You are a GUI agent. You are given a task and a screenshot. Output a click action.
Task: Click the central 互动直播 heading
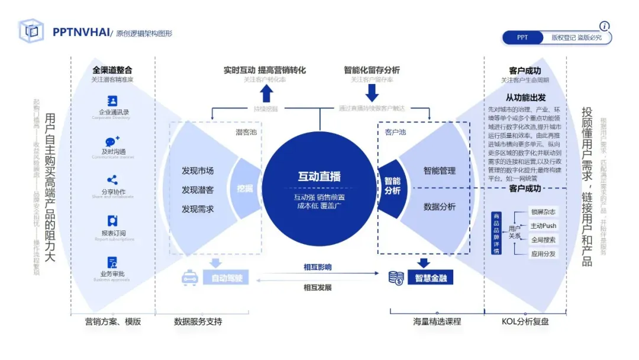click(319, 176)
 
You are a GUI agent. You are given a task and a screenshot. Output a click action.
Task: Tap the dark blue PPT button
click(522, 37)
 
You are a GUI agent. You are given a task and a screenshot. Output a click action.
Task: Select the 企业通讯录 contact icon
click(112, 101)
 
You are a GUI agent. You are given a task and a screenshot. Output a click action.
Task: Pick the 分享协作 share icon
click(112, 180)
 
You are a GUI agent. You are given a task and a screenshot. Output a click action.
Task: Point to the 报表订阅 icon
click(112, 221)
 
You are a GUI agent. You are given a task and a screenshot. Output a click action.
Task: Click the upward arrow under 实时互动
click(266, 93)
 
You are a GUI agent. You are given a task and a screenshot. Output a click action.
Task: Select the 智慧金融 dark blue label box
click(430, 277)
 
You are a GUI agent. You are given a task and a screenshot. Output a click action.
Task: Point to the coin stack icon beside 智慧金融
click(396, 277)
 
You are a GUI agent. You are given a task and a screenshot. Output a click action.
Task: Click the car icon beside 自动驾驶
click(189, 277)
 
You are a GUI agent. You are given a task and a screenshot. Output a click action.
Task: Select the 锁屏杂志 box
click(543, 212)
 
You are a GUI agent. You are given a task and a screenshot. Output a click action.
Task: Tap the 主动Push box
click(543, 226)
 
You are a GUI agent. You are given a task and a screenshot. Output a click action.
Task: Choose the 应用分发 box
click(543, 253)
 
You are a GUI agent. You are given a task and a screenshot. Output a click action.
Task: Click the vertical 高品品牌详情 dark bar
click(496, 233)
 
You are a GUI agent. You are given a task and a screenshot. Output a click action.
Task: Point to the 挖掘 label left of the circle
click(245, 189)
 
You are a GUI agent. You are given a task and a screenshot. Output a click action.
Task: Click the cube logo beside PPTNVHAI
click(31, 31)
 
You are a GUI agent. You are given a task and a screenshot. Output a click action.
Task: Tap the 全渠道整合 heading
click(112, 70)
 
